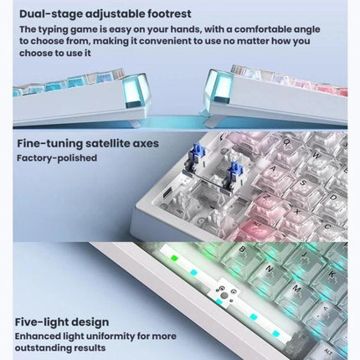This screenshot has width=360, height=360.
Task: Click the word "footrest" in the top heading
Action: [166, 13]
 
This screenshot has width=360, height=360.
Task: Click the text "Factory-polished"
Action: [57, 158]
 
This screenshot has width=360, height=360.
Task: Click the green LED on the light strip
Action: [174, 259]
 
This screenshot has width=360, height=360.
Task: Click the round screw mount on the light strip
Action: [224, 296]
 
